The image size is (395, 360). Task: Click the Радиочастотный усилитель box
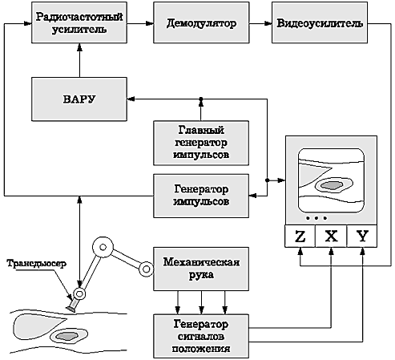[x=79, y=22]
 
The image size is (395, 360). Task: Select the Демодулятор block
[x=201, y=22]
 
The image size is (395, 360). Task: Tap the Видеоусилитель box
[x=320, y=22]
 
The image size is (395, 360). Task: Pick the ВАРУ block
[x=79, y=99]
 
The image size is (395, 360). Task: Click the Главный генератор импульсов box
[x=201, y=143]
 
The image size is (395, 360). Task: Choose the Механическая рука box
[x=201, y=269]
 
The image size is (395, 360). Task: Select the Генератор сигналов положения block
[x=201, y=336]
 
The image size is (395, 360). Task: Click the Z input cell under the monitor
[x=300, y=237]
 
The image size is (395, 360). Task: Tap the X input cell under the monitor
[x=331, y=237]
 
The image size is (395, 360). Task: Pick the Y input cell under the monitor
[x=362, y=237]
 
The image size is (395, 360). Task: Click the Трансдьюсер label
[x=37, y=264]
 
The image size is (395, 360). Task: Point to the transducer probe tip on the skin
[x=71, y=309]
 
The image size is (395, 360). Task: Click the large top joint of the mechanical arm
[x=103, y=247]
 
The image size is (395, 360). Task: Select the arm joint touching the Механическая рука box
[x=147, y=269]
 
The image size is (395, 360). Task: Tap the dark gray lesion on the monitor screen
[x=332, y=185]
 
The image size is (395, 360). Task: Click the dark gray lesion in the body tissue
[x=67, y=336]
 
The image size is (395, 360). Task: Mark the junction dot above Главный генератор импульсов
[x=201, y=99]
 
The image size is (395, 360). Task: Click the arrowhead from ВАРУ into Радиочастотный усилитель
[x=79, y=47]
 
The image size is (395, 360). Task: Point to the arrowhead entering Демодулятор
[x=150, y=23]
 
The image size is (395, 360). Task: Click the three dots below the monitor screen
[x=316, y=218]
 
